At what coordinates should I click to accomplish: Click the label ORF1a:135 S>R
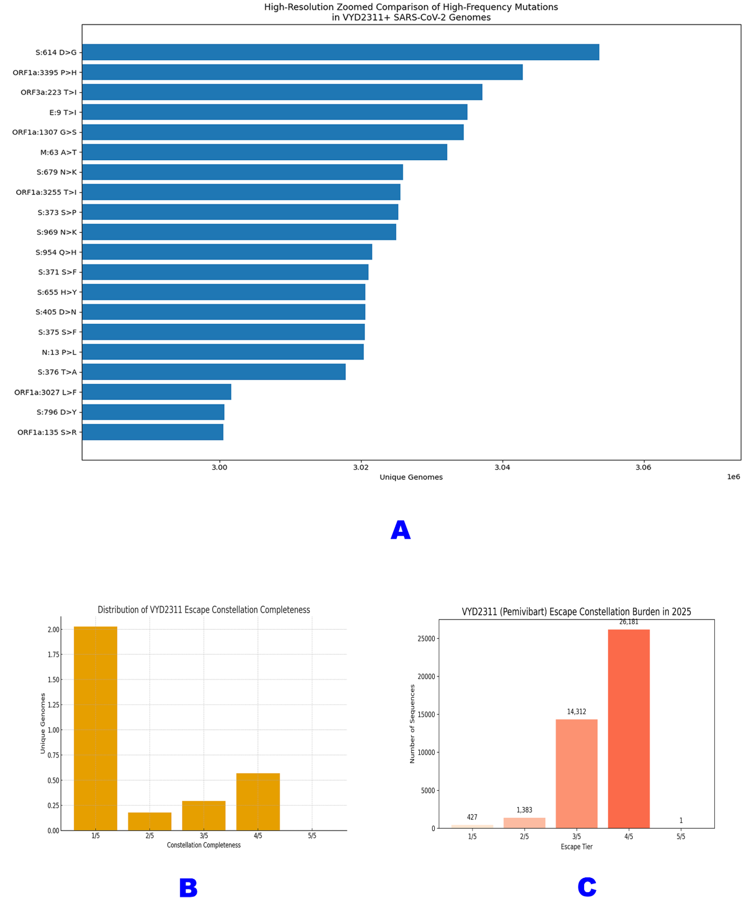point(47,432)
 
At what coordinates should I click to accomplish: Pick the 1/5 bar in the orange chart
point(95,728)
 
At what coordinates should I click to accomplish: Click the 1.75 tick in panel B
point(53,655)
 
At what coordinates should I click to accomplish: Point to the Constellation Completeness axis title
point(204,845)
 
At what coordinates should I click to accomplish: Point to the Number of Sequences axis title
point(412,724)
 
